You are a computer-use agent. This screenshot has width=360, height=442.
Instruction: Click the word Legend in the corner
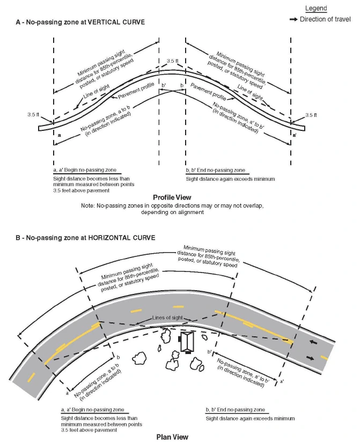click(x=316, y=9)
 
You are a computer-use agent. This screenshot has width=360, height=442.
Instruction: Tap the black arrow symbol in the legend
click(x=293, y=19)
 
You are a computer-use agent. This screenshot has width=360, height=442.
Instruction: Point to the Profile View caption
click(x=172, y=197)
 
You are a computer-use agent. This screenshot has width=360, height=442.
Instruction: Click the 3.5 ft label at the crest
click(x=173, y=61)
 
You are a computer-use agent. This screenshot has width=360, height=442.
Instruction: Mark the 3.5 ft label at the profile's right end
click(x=311, y=115)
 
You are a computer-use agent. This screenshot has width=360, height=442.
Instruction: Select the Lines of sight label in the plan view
click(x=168, y=318)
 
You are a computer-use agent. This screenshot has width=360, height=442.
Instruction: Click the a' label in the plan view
click(x=281, y=381)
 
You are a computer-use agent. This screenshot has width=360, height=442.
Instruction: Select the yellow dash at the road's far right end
click(x=325, y=357)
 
